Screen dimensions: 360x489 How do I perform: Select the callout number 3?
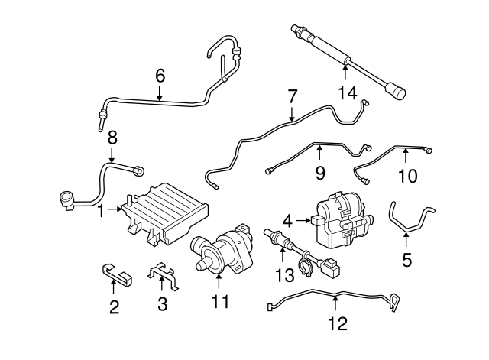(162, 304)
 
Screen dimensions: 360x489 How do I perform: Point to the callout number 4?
(286, 220)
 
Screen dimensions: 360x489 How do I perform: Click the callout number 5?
(406, 260)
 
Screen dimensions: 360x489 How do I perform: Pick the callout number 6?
(160, 76)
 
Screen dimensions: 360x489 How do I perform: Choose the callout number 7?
(292, 97)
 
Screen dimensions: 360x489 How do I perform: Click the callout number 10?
(407, 176)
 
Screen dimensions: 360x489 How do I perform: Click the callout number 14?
(347, 93)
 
